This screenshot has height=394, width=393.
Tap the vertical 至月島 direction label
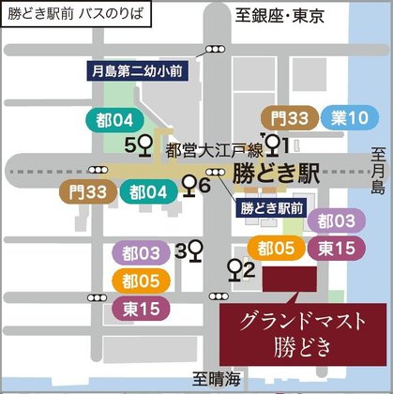378,171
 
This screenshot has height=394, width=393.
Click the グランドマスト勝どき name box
301,334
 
